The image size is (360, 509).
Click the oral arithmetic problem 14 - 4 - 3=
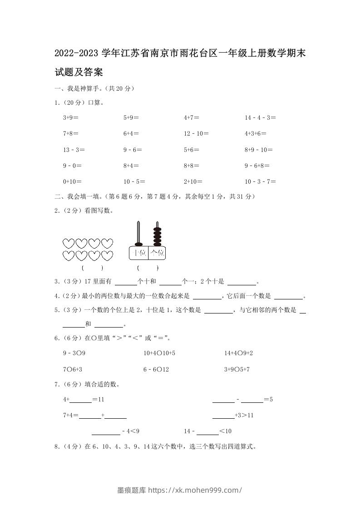click(260, 117)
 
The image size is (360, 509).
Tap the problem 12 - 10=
click(196, 133)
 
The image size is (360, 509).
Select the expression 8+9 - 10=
click(258, 150)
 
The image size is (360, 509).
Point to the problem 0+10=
click(72, 181)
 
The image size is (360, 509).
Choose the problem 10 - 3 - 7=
click(260, 181)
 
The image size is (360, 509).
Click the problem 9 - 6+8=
click(257, 166)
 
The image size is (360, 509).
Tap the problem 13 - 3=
click(74, 150)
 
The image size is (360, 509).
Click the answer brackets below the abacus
click(148, 268)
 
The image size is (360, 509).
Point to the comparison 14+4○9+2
click(238, 353)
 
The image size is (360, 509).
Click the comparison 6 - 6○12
click(156, 369)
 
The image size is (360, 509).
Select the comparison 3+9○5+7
click(237, 369)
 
